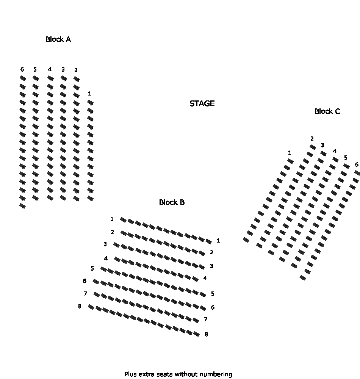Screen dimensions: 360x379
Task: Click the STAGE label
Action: [x=202, y=103]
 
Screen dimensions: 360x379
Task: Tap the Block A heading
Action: [x=58, y=39]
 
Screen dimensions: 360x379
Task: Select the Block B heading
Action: [x=172, y=202]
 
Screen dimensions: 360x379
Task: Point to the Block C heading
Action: [x=327, y=111]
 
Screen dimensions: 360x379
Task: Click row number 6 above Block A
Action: [x=22, y=69]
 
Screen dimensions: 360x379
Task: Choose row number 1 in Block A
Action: [x=89, y=93]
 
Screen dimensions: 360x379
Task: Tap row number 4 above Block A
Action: [x=50, y=69]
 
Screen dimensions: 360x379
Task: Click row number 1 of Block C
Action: [x=290, y=152]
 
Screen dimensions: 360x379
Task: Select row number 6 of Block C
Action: [x=357, y=164]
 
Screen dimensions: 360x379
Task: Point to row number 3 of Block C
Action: [x=322, y=145]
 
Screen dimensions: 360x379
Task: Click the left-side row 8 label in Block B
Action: [x=80, y=306]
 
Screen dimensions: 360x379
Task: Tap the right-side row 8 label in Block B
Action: [x=206, y=334]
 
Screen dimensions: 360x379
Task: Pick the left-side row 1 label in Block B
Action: [x=112, y=219]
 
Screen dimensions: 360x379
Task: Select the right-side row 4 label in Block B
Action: [x=205, y=278]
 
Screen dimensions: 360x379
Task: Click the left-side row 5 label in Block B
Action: [x=92, y=268]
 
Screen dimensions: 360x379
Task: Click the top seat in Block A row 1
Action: [x=90, y=103]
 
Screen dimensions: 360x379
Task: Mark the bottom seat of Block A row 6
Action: [x=22, y=206]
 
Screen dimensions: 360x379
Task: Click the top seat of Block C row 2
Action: [x=313, y=147]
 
